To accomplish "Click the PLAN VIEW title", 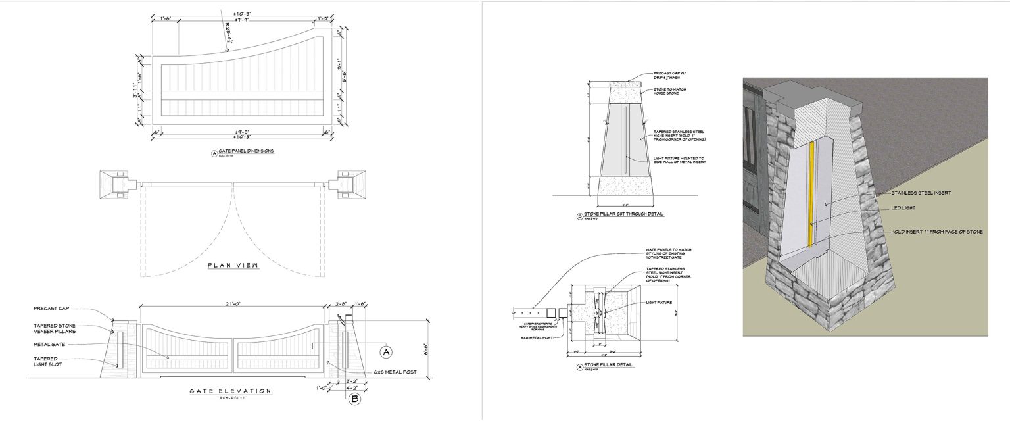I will click(x=229, y=266).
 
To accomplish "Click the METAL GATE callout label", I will click(x=49, y=344).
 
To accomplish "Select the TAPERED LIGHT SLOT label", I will click(x=47, y=361).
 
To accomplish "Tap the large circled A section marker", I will click(x=386, y=353).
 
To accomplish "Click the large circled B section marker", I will click(x=354, y=399).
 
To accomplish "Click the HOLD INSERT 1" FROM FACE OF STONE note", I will click(x=936, y=232).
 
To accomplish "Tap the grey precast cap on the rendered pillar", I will click(x=819, y=92).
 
